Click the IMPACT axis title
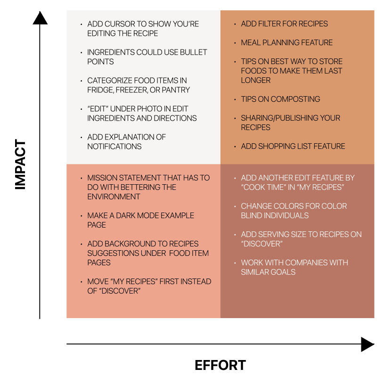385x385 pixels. (20, 164)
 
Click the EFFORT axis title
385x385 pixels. (220, 365)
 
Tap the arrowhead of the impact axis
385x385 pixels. (40, 18)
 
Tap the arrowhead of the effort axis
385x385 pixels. (367, 344)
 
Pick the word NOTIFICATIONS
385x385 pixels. (115, 147)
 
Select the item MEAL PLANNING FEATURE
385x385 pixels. (287, 43)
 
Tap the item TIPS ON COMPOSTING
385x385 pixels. (280, 99)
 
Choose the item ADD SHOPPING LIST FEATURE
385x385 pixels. (293, 147)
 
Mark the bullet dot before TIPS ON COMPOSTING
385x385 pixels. (235, 99)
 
